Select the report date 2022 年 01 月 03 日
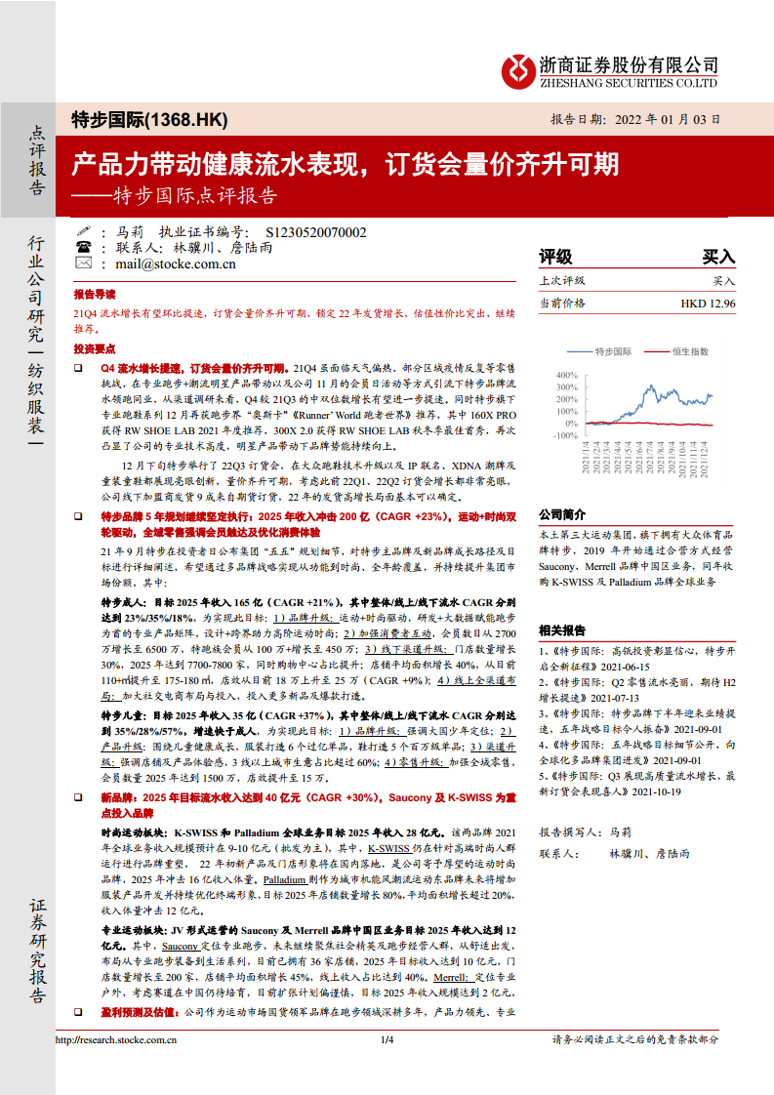point(662,119)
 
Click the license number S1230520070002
point(315,232)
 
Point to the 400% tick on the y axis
point(564,374)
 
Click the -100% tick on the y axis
point(562,436)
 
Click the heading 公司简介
point(562,513)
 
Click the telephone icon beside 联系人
point(84,248)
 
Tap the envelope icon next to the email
point(84,264)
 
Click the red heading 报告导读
point(95,294)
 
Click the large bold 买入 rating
point(718,257)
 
